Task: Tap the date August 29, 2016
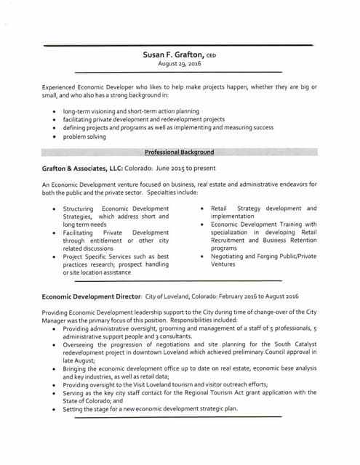click(x=179, y=64)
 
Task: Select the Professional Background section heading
click(x=179, y=152)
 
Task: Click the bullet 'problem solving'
click(x=84, y=136)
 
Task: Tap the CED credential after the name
click(x=211, y=55)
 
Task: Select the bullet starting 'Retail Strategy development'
click(x=263, y=212)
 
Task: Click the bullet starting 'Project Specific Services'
click(x=116, y=264)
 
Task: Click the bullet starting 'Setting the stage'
click(x=151, y=409)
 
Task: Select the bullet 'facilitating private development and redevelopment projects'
click(x=143, y=119)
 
